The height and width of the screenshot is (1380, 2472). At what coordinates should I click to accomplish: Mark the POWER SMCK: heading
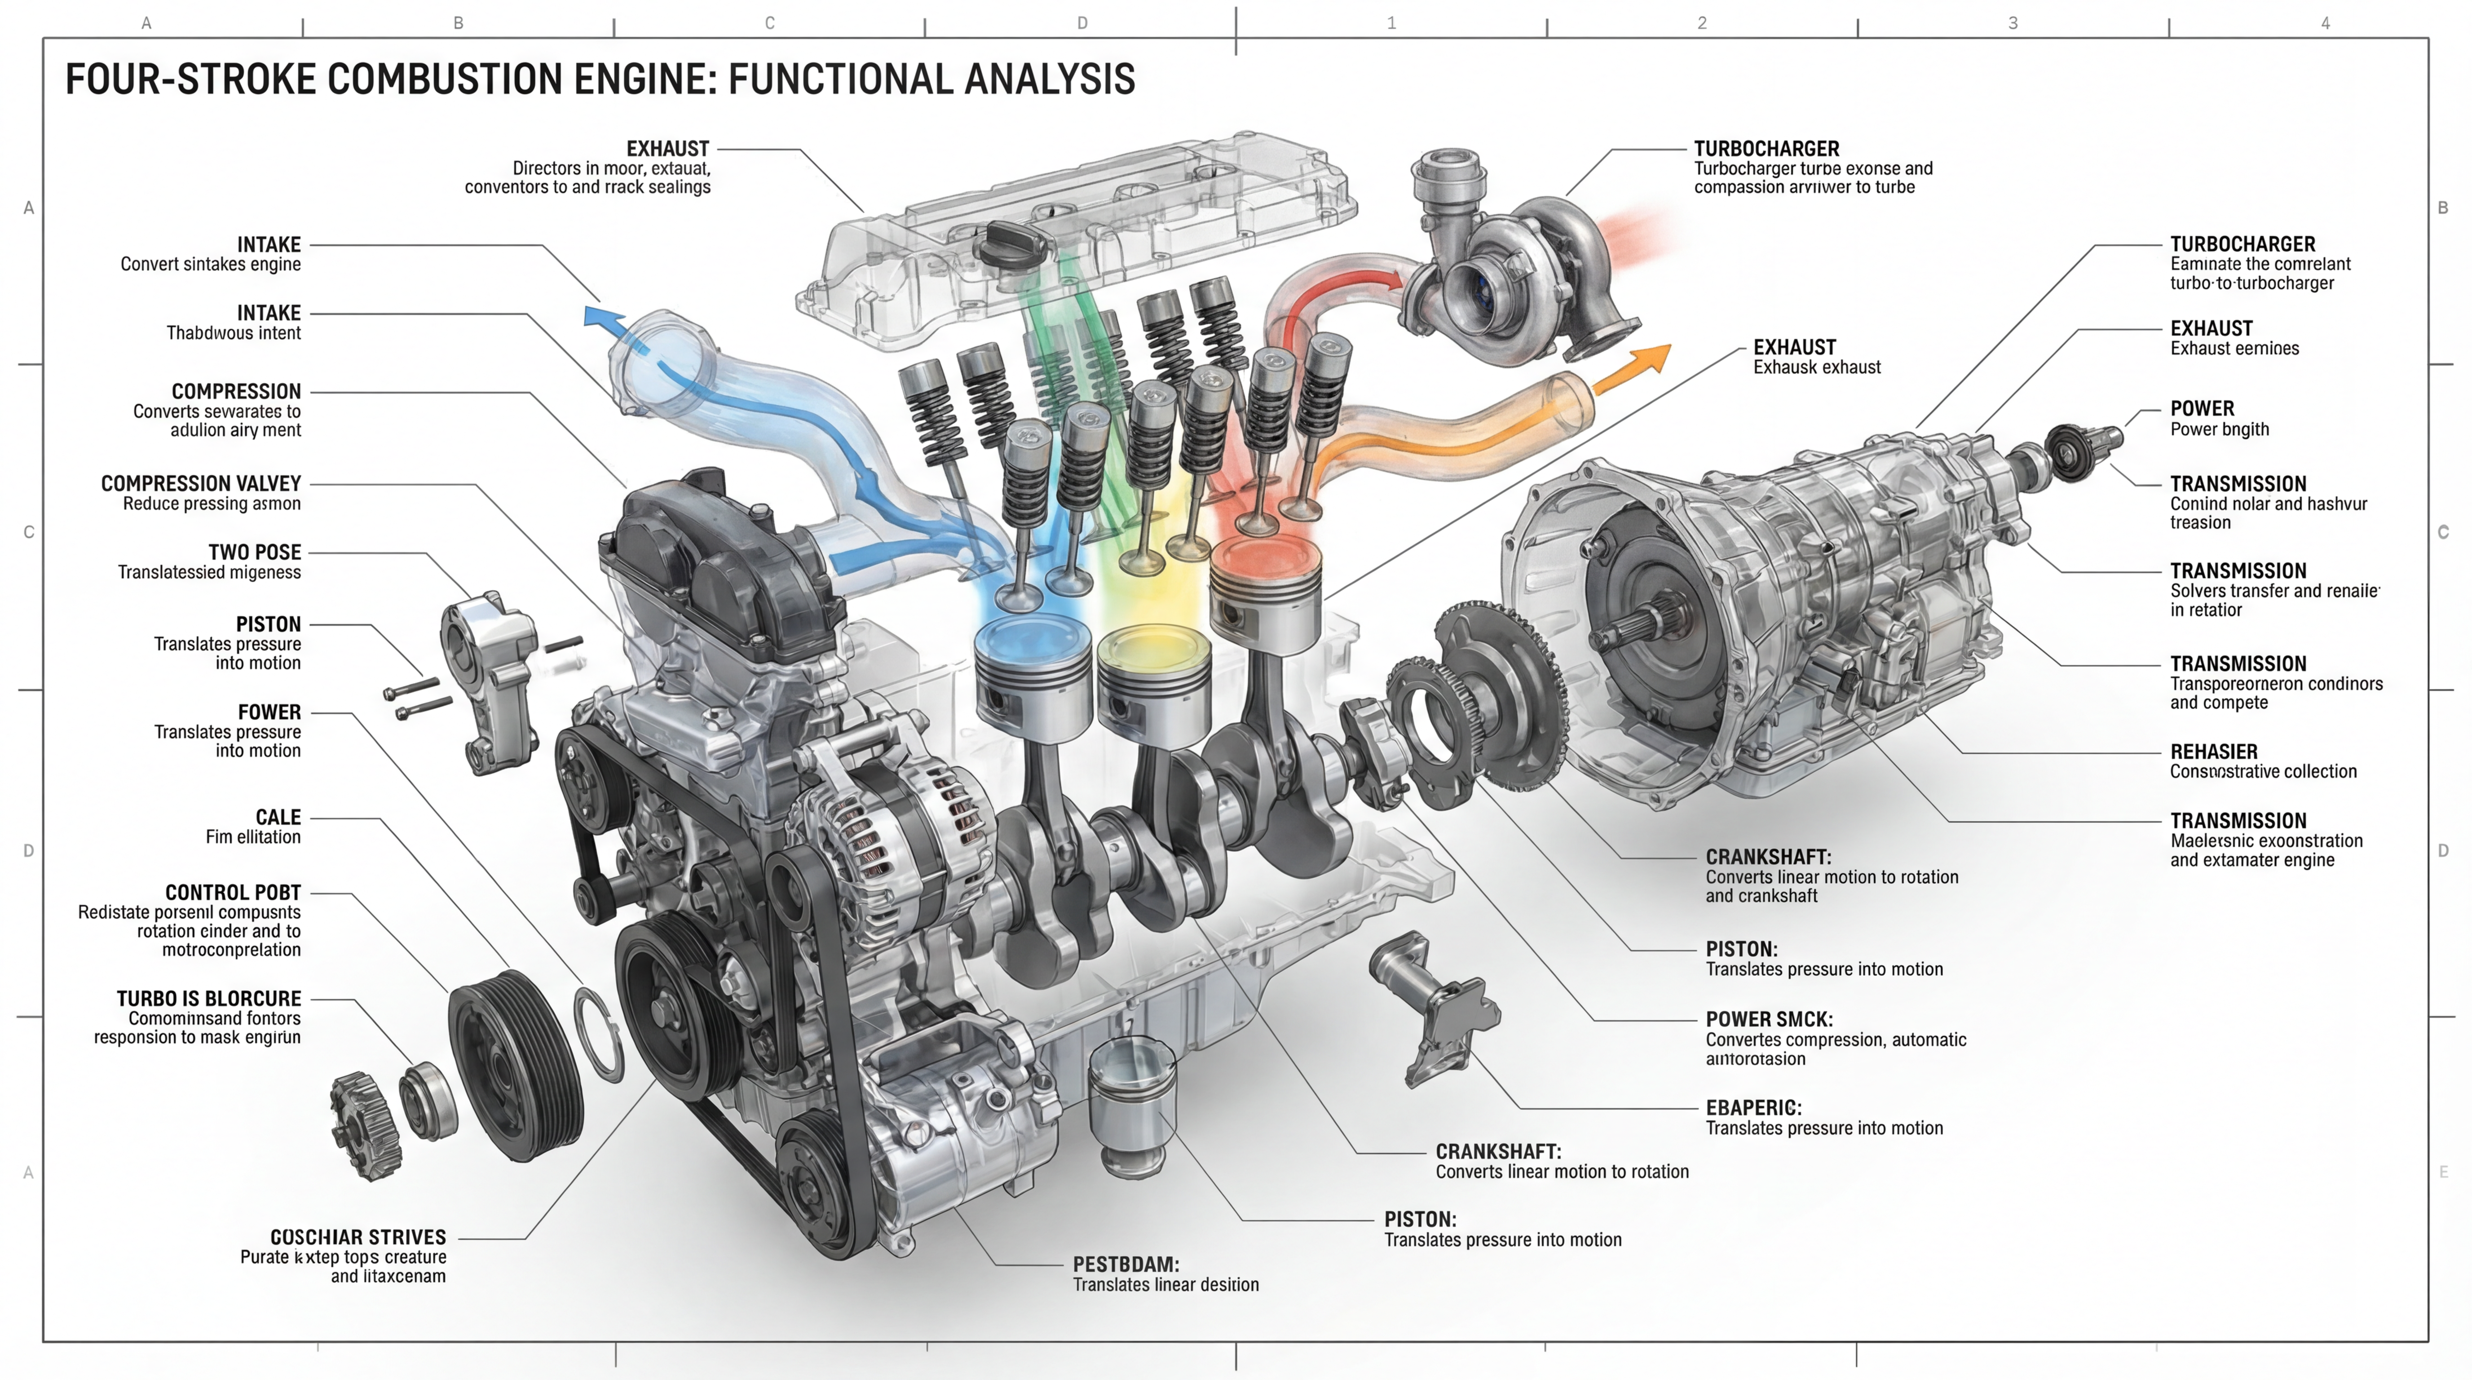1769,1019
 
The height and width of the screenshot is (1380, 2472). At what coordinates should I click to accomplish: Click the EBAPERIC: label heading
1753,1107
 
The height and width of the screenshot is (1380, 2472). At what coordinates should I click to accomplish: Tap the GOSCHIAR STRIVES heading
358,1237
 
